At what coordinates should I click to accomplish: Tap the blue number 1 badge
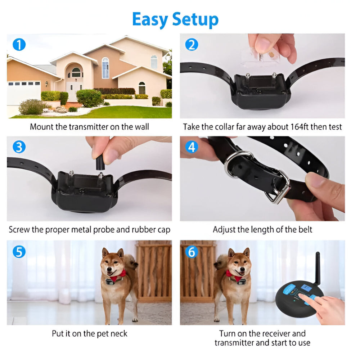[19, 45]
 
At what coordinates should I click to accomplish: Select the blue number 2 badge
[192, 45]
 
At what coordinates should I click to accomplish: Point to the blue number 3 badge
[19, 147]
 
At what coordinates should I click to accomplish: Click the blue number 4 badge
[192, 147]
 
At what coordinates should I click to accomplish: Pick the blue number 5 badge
[19, 251]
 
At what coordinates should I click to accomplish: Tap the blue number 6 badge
[192, 251]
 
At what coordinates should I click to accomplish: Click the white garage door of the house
[24, 93]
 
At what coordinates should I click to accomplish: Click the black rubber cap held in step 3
[99, 162]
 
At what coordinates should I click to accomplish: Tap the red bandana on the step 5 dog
[117, 276]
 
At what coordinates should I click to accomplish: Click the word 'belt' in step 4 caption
[305, 229]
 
